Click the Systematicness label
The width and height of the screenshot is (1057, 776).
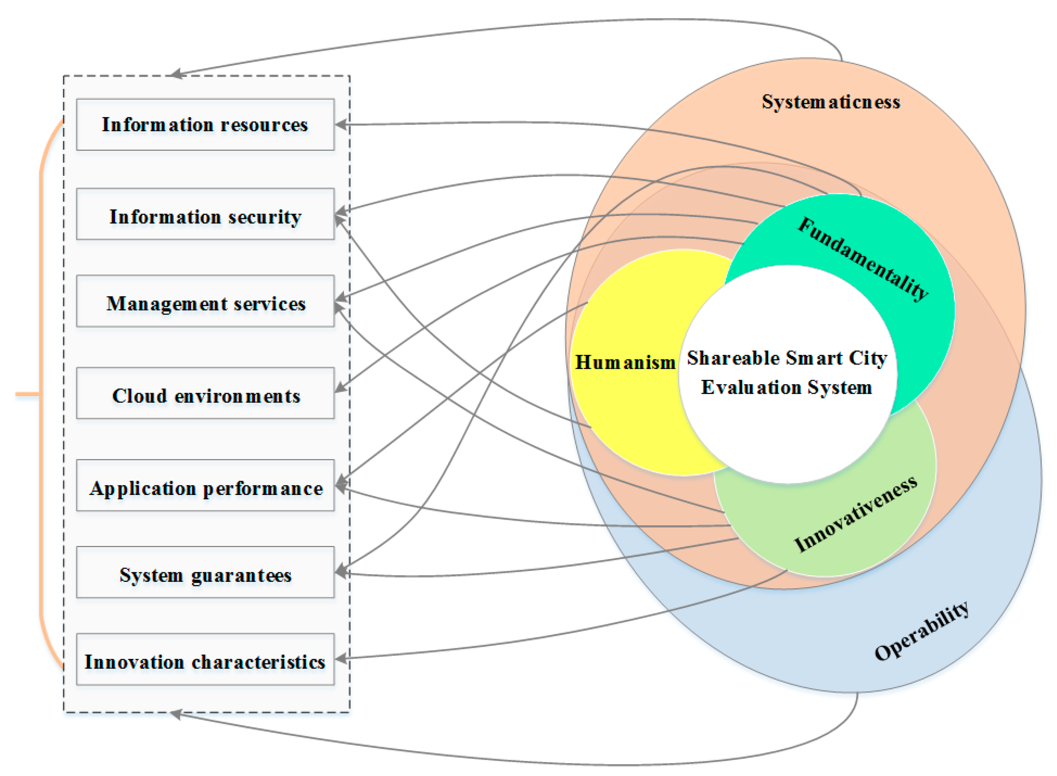point(830,102)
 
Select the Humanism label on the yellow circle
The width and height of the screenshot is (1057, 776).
point(625,362)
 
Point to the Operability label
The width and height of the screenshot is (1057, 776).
point(921,632)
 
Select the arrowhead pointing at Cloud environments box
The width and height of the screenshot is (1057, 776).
point(341,388)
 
